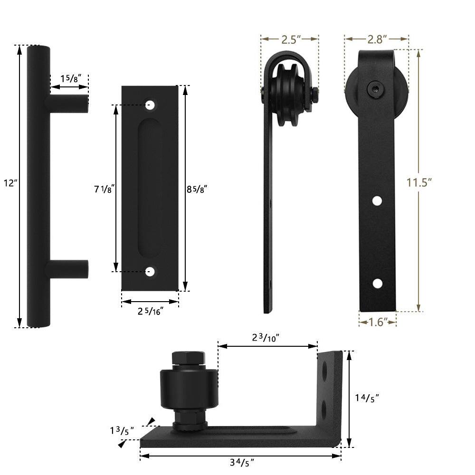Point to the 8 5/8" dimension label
tap(196, 189)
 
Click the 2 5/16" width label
tap(150, 311)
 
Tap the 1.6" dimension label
tap(377, 322)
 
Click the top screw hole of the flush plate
tap(151, 104)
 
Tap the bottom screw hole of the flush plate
tap(151, 272)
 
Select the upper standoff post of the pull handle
tap(67, 104)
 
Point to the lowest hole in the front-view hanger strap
tap(377, 284)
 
